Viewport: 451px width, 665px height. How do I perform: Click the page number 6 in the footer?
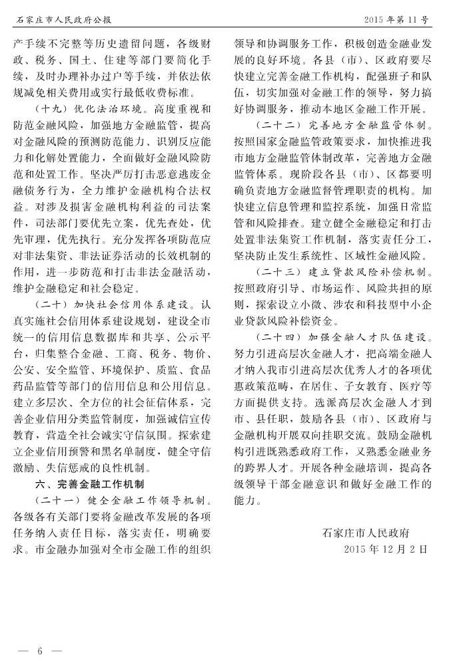[x=40, y=650]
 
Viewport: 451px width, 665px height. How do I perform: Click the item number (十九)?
[x=53, y=109]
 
